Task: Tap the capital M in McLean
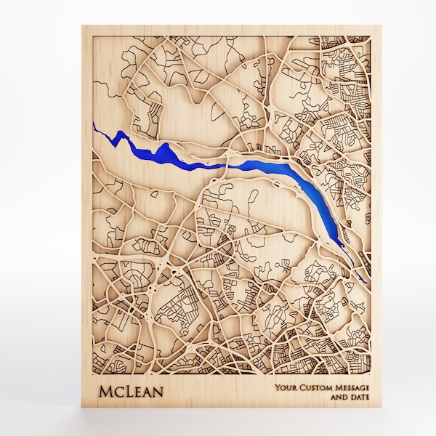pos(104,392)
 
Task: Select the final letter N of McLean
pos(158,392)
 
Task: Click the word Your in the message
pos(285,388)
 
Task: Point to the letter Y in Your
pos(278,388)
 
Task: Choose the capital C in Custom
pos(301,388)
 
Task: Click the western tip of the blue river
pos(95,124)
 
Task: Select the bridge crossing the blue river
pos(227,166)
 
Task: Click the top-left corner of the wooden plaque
pos(82,26)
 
